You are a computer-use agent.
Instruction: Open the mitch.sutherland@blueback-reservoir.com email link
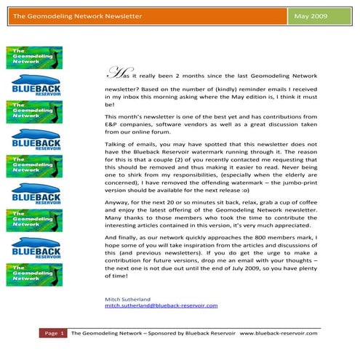(161, 306)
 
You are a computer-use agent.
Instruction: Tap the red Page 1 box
(54, 334)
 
